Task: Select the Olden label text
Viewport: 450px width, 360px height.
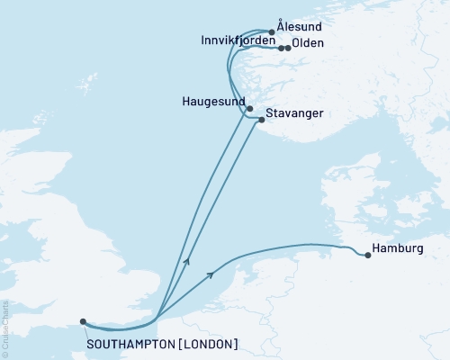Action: (309, 43)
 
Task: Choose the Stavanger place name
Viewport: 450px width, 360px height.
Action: (293, 113)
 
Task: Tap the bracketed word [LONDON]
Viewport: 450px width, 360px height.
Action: (209, 344)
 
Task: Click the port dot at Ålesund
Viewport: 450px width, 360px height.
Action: (272, 31)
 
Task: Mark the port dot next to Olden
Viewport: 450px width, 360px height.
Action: (288, 48)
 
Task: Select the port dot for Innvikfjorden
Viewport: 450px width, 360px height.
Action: (281, 48)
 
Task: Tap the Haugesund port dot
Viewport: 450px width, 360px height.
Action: (238, 109)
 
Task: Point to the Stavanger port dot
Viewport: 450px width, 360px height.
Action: (261, 120)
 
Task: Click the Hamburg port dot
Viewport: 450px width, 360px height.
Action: (368, 256)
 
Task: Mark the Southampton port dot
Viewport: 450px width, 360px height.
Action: (83, 321)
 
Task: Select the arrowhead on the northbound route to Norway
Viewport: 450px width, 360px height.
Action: (186, 261)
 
